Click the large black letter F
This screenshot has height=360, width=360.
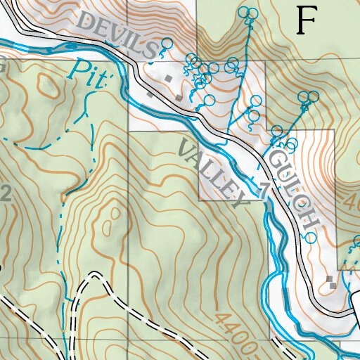click(x=305, y=20)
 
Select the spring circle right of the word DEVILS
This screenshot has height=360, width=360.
click(x=167, y=44)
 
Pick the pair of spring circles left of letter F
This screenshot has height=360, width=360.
click(x=247, y=12)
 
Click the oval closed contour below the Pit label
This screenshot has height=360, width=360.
click(x=49, y=87)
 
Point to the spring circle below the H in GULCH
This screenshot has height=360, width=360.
click(x=310, y=238)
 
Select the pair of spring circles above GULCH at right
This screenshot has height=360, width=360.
click(x=306, y=96)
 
